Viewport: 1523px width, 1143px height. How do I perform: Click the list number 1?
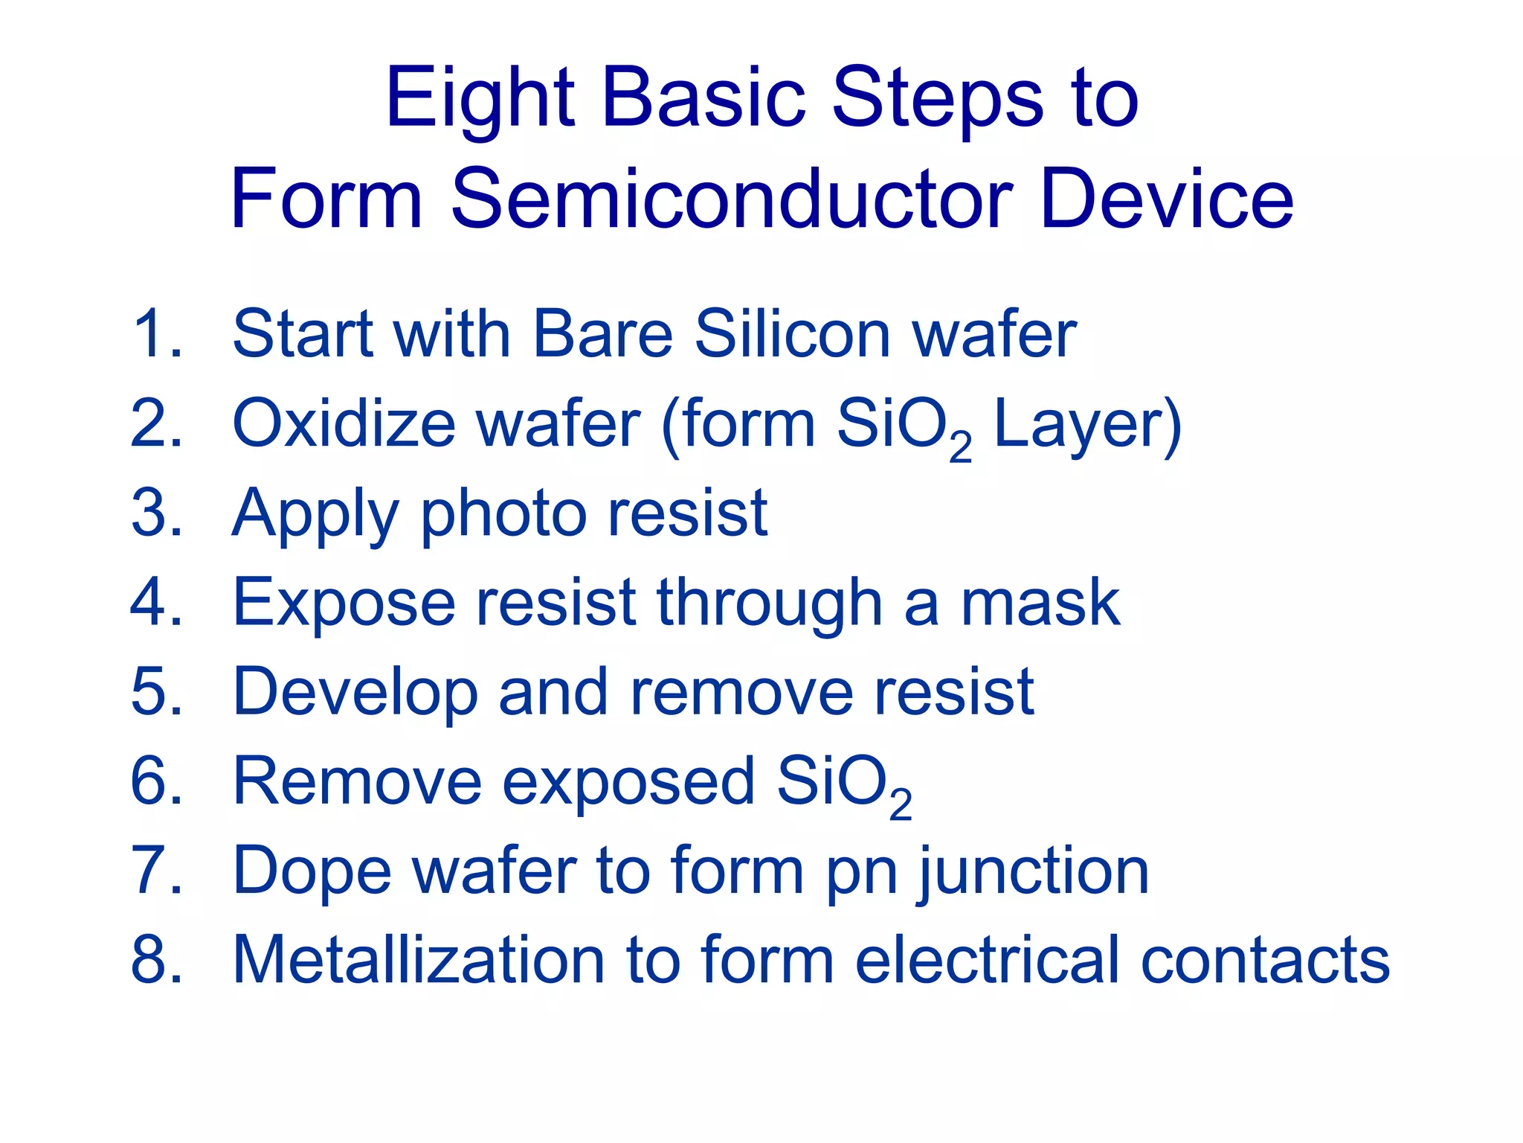pyautogui.click(x=157, y=334)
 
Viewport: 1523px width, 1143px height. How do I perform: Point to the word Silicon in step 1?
pyautogui.click(x=793, y=334)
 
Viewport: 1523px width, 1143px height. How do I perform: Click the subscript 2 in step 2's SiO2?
pyautogui.click(x=960, y=446)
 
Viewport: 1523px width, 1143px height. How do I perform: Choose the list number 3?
pyautogui.click(x=157, y=513)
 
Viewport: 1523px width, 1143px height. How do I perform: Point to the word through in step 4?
pyautogui.click(x=770, y=604)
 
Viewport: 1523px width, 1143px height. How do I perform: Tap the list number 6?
pyautogui.click(x=157, y=781)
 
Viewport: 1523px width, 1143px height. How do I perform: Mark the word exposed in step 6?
pyautogui.click(x=628, y=783)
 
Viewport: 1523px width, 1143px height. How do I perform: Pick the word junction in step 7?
pyautogui.click(x=1034, y=872)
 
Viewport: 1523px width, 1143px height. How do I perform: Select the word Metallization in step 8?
pyautogui.click(x=419, y=960)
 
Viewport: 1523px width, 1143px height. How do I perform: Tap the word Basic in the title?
pyautogui.click(x=703, y=99)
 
